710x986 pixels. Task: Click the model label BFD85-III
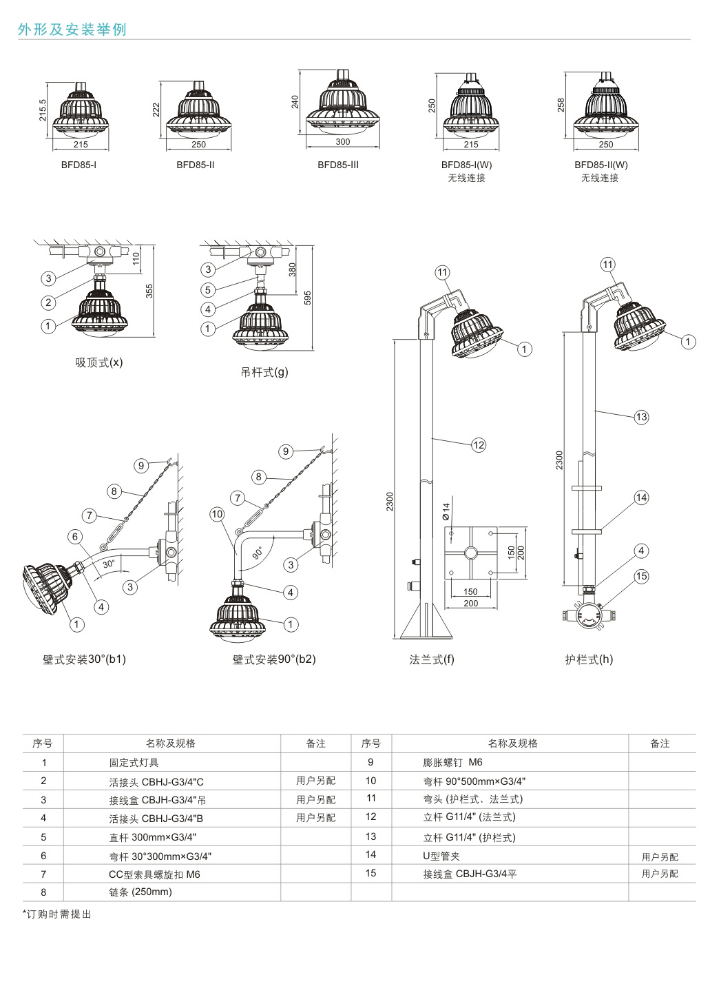[337, 165]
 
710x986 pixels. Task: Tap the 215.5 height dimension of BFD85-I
[43, 110]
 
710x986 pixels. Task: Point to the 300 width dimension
[342, 142]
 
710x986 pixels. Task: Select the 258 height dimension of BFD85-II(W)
[561, 105]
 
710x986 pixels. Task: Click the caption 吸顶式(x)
[98, 362]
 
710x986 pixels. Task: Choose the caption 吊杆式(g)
[264, 372]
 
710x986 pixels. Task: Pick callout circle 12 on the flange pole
[478, 445]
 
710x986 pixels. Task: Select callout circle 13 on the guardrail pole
[641, 416]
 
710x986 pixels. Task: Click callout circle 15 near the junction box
[641, 577]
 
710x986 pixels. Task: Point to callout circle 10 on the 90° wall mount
[217, 513]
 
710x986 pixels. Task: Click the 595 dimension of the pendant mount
[308, 297]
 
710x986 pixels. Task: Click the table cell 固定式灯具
[134, 763]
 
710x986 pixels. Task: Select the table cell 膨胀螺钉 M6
[452, 763]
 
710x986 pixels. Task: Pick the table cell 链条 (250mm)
[140, 892]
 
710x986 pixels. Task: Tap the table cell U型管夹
[441, 856]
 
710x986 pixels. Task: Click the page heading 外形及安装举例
[72, 30]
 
